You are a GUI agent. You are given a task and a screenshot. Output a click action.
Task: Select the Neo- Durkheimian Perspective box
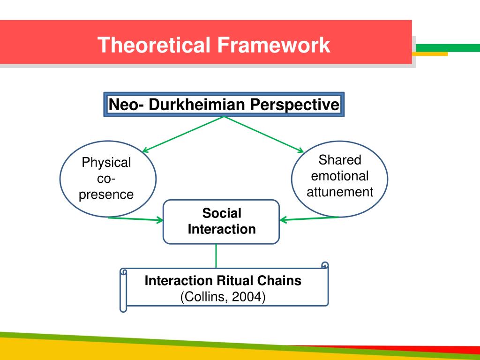pos(224,104)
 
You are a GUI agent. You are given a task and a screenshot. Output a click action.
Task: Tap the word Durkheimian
pos(197,104)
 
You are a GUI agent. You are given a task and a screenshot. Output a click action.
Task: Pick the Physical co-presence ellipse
pos(108,180)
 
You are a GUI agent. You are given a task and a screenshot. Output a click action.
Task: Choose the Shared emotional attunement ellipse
pos(340,179)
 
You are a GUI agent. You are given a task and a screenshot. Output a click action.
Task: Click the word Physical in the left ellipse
pos(106,163)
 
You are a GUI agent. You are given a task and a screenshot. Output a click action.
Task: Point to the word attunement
pos(340,192)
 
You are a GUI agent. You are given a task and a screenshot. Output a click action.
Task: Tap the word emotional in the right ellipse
pos(340,176)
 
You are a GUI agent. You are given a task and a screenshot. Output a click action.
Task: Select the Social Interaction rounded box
pos(221,222)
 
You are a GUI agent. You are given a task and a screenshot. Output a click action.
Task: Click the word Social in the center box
pos(222,214)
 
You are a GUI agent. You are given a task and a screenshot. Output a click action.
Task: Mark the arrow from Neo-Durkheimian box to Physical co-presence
pos(183,134)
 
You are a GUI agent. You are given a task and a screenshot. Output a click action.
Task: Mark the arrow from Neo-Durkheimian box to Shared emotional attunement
pos(265,134)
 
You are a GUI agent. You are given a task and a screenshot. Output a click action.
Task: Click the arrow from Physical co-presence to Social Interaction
pos(136,218)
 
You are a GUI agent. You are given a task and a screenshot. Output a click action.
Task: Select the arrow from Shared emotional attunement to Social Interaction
pos(309,218)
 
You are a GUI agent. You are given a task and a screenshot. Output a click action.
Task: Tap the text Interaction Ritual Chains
pos(223,281)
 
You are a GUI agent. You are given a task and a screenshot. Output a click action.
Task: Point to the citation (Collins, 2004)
pos(223,297)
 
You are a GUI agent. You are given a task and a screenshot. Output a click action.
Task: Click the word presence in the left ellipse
pos(106,195)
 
